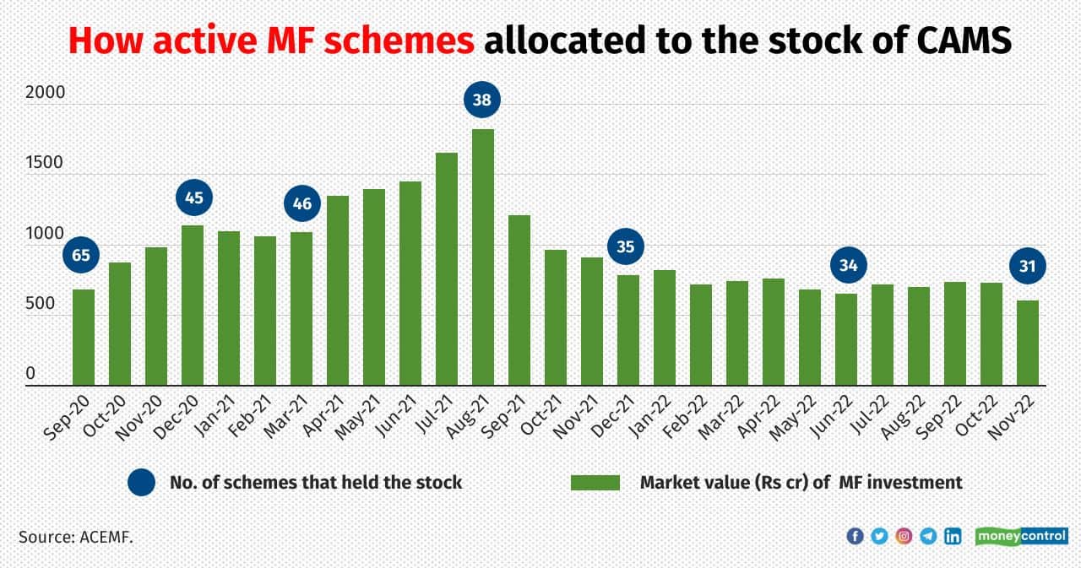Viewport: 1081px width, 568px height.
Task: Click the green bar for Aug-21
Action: pyautogui.click(x=483, y=257)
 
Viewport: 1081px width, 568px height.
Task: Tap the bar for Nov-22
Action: pyautogui.click(x=1028, y=343)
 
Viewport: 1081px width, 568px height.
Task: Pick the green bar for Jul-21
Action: pyautogui.click(x=447, y=269)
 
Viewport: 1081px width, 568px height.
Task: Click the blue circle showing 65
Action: pyautogui.click(x=81, y=256)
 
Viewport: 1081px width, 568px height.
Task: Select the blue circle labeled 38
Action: pyautogui.click(x=483, y=100)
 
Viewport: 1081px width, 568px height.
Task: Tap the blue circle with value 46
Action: pyautogui.click(x=301, y=203)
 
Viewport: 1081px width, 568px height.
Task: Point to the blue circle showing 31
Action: pyautogui.click(x=1028, y=267)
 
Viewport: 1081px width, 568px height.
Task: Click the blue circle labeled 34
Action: pyautogui.click(x=847, y=266)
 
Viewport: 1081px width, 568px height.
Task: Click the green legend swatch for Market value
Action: pyautogui.click(x=595, y=483)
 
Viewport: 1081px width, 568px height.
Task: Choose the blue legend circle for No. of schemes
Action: pyautogui.click(x=142, y=483)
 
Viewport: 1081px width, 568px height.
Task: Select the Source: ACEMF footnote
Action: pyautogui.click(x=76, y=536)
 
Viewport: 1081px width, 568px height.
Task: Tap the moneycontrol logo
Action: pyautogui.click(x=1021, y=536)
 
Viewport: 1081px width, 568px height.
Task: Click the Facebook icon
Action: pyautogui.click(x=855, y=536)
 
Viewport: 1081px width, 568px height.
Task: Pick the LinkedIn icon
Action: pyautogui.click(x=953, y=536)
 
